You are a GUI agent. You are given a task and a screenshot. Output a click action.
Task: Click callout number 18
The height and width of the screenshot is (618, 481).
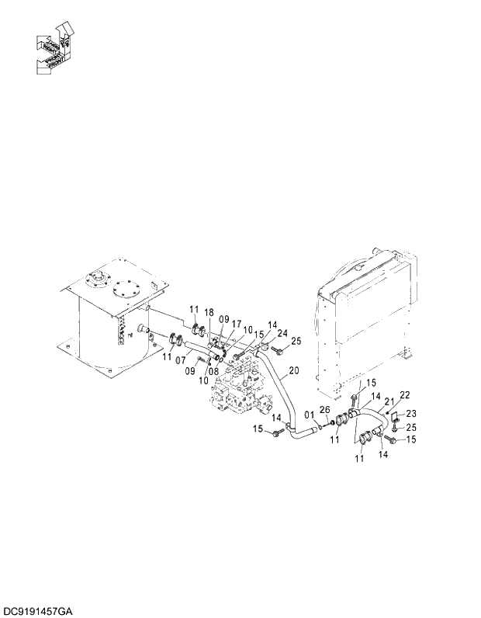tap(209, 312)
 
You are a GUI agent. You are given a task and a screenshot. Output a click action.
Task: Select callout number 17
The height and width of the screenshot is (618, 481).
tap(236, 325)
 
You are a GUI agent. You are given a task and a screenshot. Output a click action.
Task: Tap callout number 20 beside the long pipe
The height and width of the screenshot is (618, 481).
tap(293, 371)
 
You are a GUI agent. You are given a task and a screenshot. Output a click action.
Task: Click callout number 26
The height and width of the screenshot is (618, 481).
tap(324, 411)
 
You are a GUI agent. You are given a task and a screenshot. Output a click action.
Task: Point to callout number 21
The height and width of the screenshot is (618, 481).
tap(390, 402)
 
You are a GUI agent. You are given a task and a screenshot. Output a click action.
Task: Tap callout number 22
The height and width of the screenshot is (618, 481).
tap(404, 396)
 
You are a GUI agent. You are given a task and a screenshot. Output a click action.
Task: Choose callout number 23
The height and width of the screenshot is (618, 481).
tap(411, 413)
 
